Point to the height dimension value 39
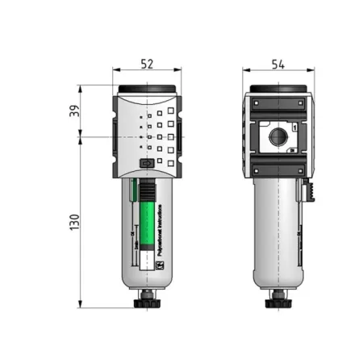(x=73, y=111)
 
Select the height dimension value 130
(x=73, y=222)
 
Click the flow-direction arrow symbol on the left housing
(x=147, y=164)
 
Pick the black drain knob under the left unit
(x=147, y=302)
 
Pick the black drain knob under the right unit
(x=279, y=302)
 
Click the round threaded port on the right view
(x=278, y=132)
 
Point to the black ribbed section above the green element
(x=147, y=190)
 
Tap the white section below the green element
(x=147, y=260)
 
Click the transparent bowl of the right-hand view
(x=277, y=234)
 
